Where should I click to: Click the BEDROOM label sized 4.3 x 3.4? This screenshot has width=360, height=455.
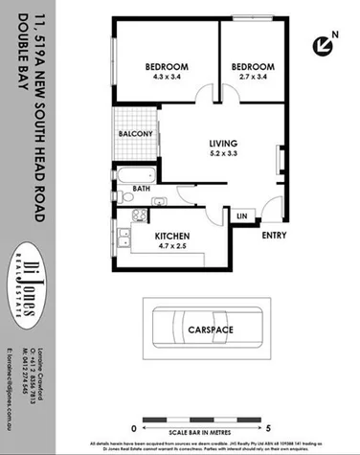(x=166, y=66)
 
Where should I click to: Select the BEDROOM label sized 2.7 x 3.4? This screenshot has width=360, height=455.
(x=252, y=66)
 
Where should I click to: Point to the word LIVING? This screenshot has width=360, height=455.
(x=222, y=145)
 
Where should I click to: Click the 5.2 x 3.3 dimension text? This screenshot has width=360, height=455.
(x=222, y=156)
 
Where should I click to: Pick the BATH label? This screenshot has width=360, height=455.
(x=142, y=189)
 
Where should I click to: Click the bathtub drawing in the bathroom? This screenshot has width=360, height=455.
(x=135, y=174)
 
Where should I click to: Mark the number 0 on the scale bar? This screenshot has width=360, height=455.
(x=133, y=427)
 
